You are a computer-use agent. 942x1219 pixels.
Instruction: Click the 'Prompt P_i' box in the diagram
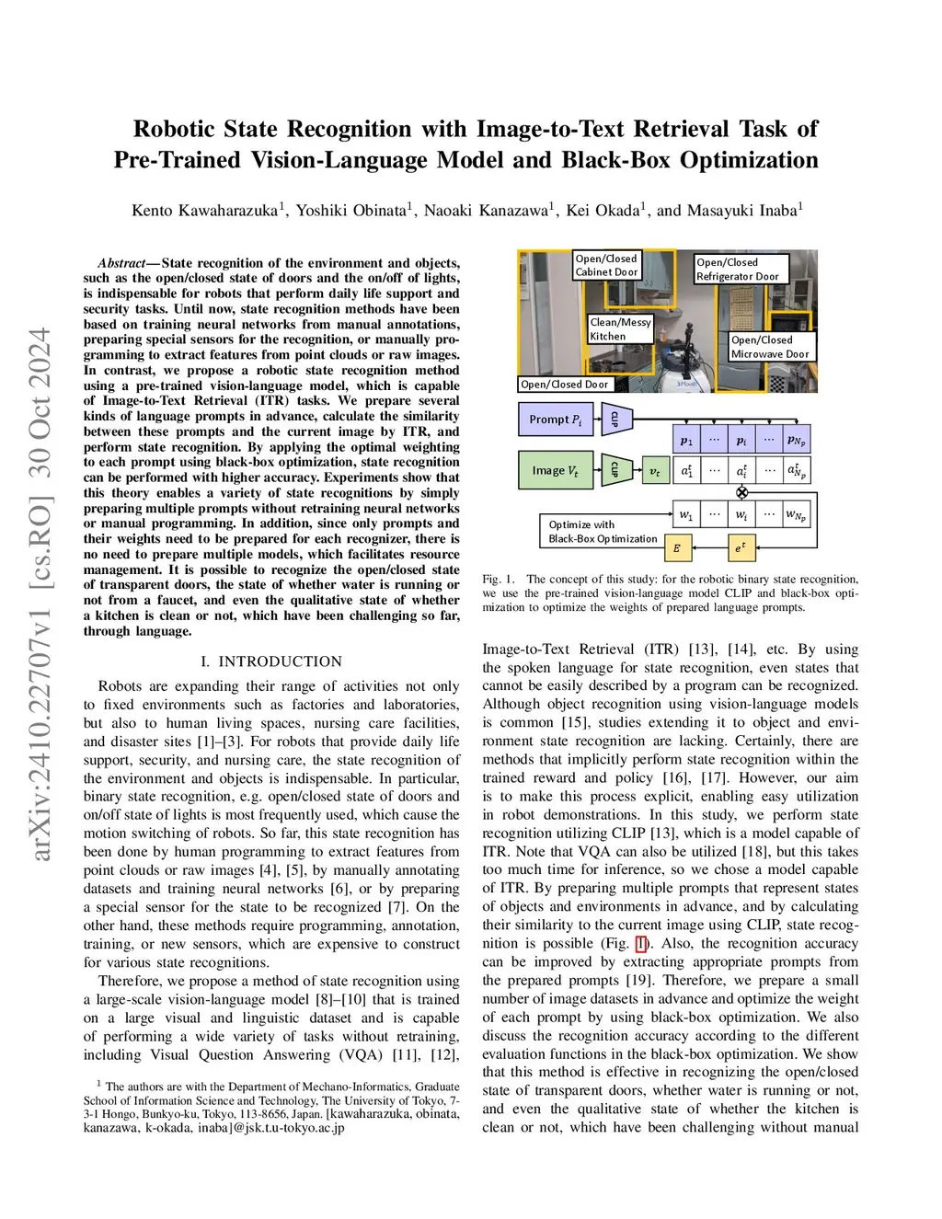coord(555,420)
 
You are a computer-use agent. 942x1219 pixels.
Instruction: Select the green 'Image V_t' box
coord(555,470)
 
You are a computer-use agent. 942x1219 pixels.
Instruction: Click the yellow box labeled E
coord(677,548)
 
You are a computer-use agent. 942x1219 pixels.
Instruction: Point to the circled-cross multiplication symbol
coord(741,492)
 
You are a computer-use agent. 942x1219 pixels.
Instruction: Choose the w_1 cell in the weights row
coord(686,513)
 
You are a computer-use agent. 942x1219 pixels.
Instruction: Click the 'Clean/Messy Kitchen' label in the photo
coord(620,329)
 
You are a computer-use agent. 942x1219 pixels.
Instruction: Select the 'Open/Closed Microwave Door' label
coord(770,347)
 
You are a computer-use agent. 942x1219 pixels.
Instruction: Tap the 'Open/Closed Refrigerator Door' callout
coord(737,269)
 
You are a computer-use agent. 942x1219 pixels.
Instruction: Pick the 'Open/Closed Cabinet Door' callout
coord(606,265)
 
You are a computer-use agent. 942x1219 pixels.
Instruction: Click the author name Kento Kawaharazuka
coord(204,211)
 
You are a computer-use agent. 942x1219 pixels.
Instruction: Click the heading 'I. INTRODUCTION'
coord(271,661)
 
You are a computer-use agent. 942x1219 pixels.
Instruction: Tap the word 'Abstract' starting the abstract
coord(123,263)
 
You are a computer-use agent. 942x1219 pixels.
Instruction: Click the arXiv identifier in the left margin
coord(40,593)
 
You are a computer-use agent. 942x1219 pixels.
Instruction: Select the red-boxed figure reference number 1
coord(641,944)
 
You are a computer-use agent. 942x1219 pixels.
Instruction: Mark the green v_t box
coord(654,471)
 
